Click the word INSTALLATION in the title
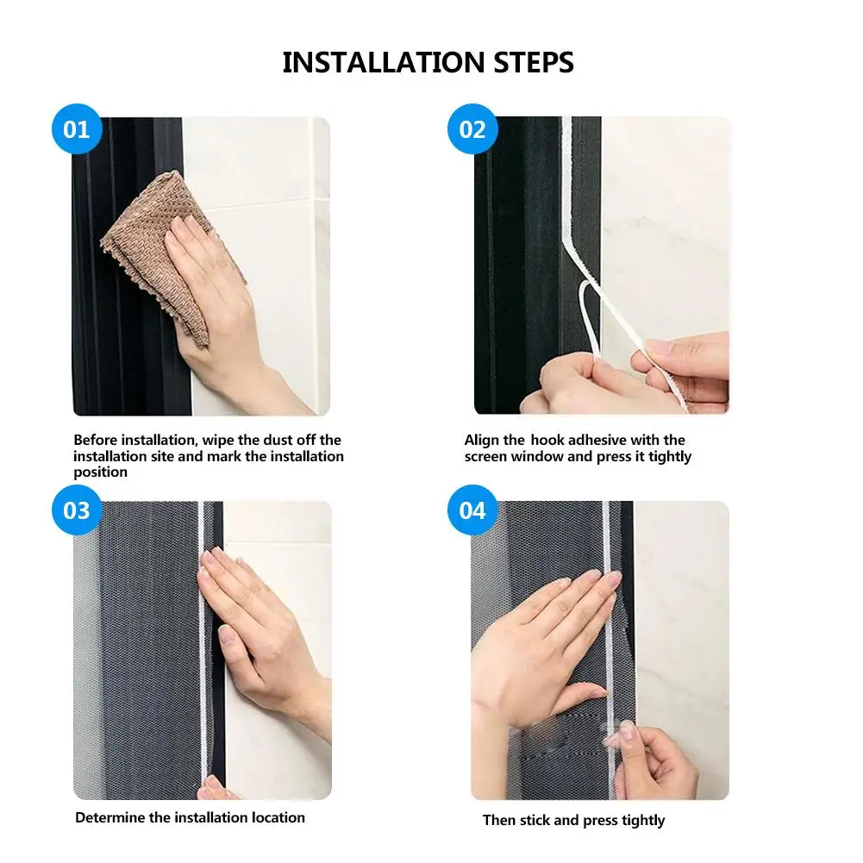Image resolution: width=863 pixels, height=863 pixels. pos(383,62)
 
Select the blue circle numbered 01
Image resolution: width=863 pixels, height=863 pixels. pos(77,128)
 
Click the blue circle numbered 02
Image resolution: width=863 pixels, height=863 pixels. pos(472,128)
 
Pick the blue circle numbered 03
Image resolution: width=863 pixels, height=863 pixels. pos(77,510)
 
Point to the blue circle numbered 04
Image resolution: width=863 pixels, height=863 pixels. pos(472,510)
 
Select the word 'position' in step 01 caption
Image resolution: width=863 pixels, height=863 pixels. pos(100,472)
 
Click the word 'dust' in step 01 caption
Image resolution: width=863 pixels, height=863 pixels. pos(278,441)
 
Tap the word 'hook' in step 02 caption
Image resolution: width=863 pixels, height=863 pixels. pos(547,441)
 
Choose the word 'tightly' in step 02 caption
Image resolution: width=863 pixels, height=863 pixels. pos(669,457)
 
